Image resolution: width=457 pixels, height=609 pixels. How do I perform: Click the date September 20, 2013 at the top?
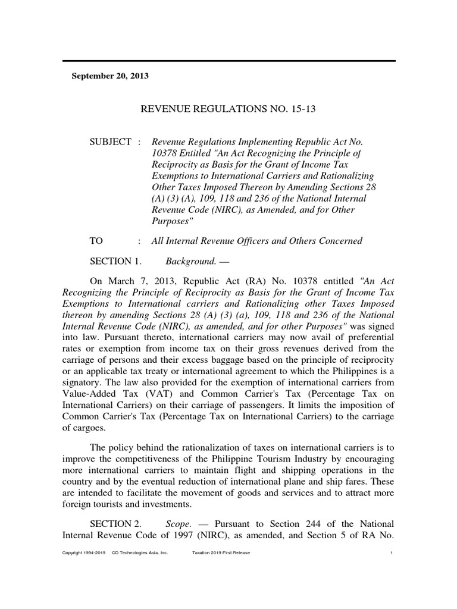click(110, 76)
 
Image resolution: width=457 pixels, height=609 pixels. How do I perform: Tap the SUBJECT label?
click(110, 142)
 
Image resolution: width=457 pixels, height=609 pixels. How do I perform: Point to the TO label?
click(96, 241)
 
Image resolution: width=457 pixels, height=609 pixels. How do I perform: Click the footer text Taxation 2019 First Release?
click(221, 553)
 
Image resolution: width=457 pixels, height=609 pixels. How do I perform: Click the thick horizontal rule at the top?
click(228, 61)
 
